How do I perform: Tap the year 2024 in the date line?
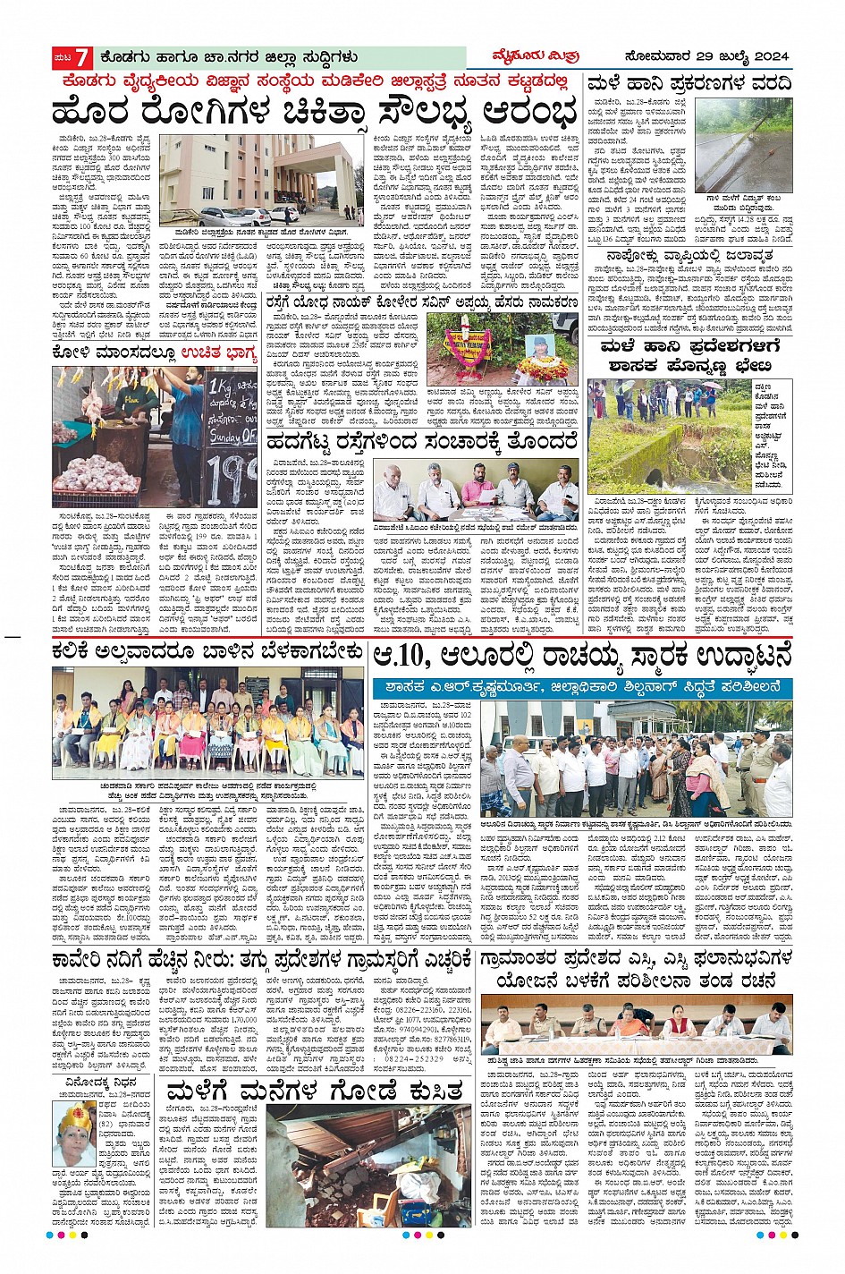point(765,57)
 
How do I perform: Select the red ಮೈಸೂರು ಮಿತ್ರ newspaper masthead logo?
point(546,56)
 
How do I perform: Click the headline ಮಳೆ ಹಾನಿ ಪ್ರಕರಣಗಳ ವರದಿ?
point(689,85)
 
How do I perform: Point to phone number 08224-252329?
point(406,1057)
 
